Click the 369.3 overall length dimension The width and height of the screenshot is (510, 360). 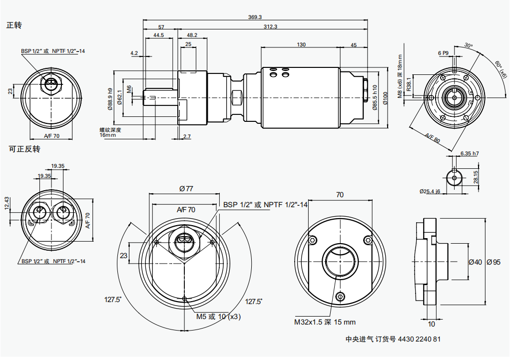(x=255, y=17)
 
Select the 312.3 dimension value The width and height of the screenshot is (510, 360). (x=270, y=26)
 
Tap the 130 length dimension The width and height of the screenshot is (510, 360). (x=301, y=44)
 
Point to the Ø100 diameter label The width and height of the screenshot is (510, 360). (x=385, y=98)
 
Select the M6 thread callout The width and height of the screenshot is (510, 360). (x=129, y=89)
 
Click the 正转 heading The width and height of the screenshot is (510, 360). (x=14, y=25)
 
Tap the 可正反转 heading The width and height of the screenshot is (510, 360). (x=23, y=149)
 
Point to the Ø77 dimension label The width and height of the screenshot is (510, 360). (x=186, y=189)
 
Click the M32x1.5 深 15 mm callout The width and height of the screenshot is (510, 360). (x=325, y=322)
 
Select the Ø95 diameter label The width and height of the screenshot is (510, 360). (x=493, y=262)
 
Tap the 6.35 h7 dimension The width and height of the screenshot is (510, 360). (x=469, y=153)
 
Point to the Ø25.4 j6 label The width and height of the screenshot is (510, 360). (x=430, y=191)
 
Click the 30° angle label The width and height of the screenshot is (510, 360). (x=468, y=45)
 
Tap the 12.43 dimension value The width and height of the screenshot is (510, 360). (x=6, y=203)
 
